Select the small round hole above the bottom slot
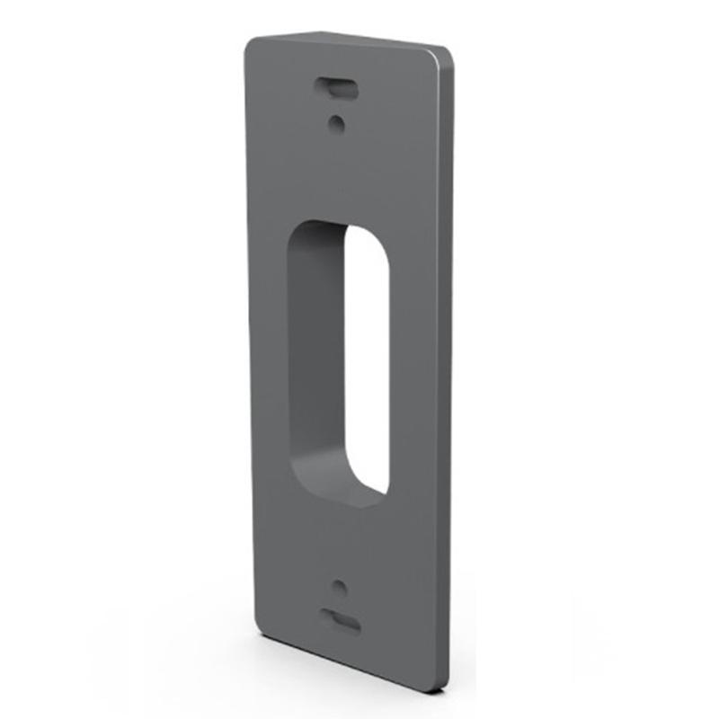click(339, 588)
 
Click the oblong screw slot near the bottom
click(342, 619)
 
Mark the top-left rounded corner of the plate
click(253, 45)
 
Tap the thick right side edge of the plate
click(446, 359)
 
